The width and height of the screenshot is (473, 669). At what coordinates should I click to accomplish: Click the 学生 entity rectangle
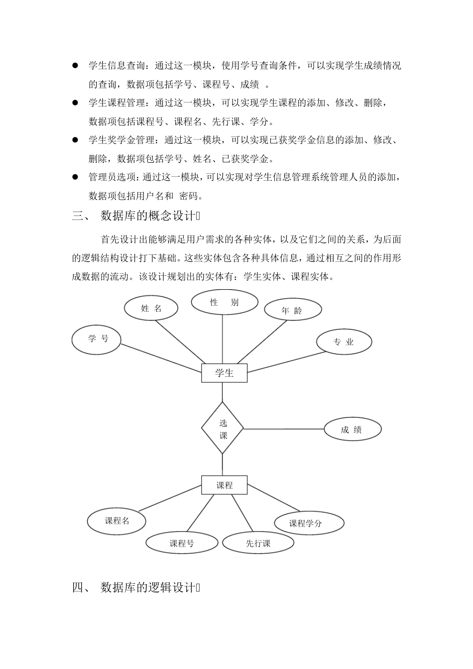pyautogui.click(x=224, y=373)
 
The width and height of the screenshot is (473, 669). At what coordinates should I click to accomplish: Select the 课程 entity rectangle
pyautogui.click(x=224, y=485)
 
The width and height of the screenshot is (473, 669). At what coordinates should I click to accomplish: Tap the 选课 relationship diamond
pyautogui.click(x=222, y=428)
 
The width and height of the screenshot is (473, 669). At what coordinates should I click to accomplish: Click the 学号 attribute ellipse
pyautogui.click(x=97, y=340)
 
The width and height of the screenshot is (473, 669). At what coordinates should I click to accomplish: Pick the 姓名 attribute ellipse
pyautogui.click(x=151, y=308)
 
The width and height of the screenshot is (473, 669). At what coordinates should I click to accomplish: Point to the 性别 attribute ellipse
pyautogui.click(x=225, y=302)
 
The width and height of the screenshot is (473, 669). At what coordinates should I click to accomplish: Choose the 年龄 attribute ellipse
pyautogui.click(x=292, y=310)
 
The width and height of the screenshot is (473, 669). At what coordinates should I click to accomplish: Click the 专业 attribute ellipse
pyautogui.click(x=344, y=342)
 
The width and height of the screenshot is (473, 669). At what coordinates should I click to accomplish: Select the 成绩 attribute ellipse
pyautogui.click(x=353, y=430)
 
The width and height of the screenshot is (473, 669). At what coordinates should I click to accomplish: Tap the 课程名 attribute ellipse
pyautogui.click(x=117, y=521)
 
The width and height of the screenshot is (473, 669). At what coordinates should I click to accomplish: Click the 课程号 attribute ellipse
pyautogui.click(x=182, y=543)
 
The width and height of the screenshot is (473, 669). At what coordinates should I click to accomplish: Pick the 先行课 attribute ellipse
pyautogui.click(x=258, y=543)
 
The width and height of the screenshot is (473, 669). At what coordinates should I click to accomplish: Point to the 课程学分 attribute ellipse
pyautogui.click(x=309, y=523)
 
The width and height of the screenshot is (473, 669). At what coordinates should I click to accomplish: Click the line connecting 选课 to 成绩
pyautogui.click(x=284, y=429)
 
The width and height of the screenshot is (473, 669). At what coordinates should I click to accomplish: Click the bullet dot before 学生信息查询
pyautogui.click(x=76, y=65)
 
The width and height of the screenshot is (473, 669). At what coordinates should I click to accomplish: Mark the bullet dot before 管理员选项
pyautogui.click(x=76, y=177)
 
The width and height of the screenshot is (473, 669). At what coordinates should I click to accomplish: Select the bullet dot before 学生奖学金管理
pyautogui.click(x=76, y=140)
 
